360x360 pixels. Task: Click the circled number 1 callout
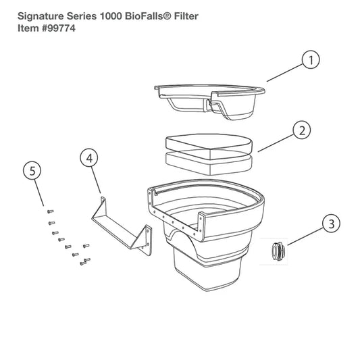click(x=311, y=60)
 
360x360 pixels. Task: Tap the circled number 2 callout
click(x=302, y=130)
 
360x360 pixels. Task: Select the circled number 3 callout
click(x=332, y=224)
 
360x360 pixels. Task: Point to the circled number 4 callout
click(x=89, y=158)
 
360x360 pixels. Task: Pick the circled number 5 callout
click(x=32, y=171)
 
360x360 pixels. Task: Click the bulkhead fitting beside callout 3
click(x=278, y=251)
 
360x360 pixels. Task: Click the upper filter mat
click(x=209, y=147)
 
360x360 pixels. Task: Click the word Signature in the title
click(x=41, y=16)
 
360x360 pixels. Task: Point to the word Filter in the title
click(x=186, y=16)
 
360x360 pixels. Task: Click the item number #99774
click(x=58, y=28)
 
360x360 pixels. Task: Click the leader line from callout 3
click(x=305, y=236)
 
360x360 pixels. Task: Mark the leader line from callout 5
click(x=39, y=193)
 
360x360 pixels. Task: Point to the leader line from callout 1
click(x=285, y=72)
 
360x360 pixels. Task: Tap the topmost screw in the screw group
click(x=50, y=211)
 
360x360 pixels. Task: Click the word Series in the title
click(x=82, y=16)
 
